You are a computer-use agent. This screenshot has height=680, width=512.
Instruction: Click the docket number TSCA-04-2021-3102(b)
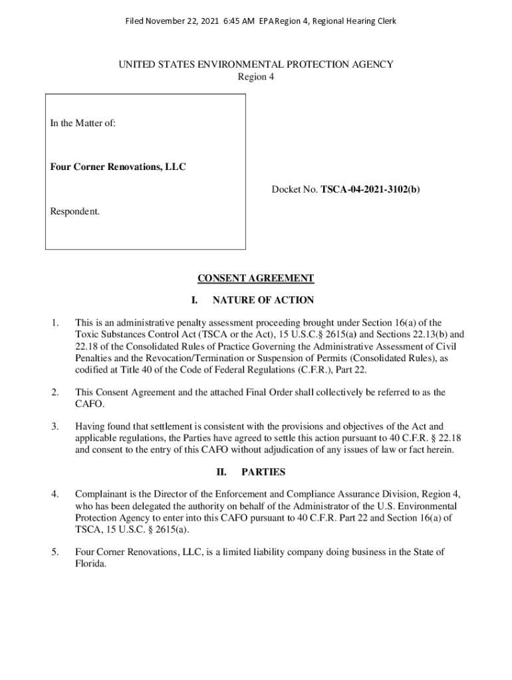pos(370,190)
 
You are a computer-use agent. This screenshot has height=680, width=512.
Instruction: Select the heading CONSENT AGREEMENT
pos(256,278)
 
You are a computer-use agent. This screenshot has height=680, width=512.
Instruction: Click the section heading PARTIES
pos(263,472)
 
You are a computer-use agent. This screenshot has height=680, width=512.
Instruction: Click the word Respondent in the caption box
pos(75,211)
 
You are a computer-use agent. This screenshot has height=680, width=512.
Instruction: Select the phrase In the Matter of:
pos(83,123)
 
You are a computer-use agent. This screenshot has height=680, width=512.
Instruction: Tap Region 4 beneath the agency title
pos(256,76)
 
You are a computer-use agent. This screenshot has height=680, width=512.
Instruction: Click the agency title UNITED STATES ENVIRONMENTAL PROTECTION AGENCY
pos(256,64)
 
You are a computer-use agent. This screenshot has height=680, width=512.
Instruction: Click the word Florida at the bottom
pos(91,564)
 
